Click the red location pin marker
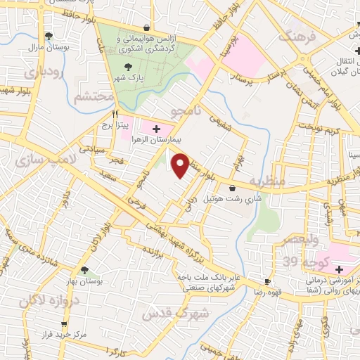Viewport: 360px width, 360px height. coord(181,165)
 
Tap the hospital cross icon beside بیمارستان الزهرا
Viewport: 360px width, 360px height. coord(156,129)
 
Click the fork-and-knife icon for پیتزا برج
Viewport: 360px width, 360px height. coord(115,112)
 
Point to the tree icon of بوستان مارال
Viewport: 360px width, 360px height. coord(48,35)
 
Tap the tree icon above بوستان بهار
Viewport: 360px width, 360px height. coord(85,269)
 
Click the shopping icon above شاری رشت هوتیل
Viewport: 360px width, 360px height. coord(232,188)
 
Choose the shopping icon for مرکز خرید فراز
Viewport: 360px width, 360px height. coord(64,324)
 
